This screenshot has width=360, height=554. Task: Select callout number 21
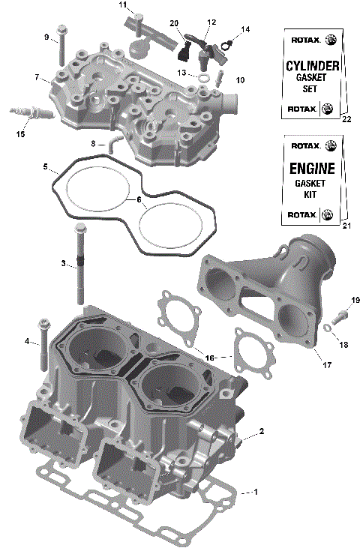[x=346, y=226]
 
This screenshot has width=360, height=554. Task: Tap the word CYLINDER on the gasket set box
[x=313, y=66]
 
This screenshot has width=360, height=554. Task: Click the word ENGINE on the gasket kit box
[x=312, y=168]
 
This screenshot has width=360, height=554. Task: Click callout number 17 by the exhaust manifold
[x=327, y=365]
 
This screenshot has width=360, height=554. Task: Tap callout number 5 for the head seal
[x=45, y=166]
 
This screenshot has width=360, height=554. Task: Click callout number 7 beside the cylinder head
[x=36, y=77]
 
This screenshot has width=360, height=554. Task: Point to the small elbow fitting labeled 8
[x=111, y=142]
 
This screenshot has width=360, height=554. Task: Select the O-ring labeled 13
[x=203, y=76]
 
